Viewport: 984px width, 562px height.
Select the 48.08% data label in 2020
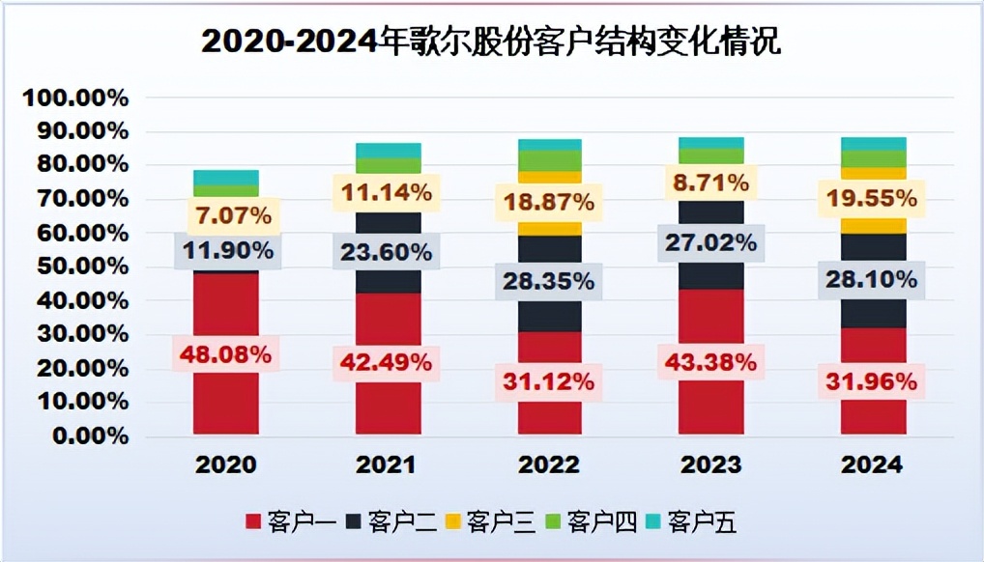(225, 354)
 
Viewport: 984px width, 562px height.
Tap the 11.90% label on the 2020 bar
(225, 252)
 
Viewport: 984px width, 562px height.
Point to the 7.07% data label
(225, 214)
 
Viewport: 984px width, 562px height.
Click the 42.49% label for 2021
(388, 364)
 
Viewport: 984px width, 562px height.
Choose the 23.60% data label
(388, 252)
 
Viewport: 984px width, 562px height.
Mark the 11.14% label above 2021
(388, 192)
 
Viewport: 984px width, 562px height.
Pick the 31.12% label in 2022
(548, 381)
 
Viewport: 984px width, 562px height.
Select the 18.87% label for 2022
(548, 204)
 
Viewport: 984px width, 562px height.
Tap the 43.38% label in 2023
(710, 364)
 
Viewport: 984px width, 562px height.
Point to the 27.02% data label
(710, 241)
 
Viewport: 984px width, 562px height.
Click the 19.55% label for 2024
(873, 199)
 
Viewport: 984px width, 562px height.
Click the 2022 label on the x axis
(549, 464)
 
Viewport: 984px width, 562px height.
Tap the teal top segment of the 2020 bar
(225, 177)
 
